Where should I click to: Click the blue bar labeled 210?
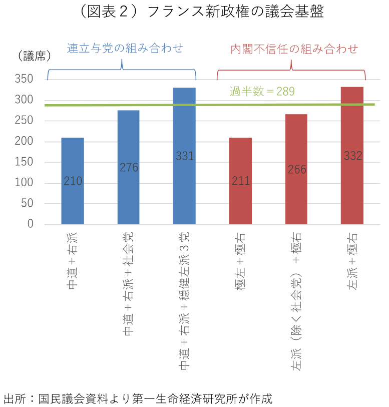click(x=73, y=181)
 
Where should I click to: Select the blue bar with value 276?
click(x=129, y=167)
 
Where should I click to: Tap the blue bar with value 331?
click(x=184, y=156)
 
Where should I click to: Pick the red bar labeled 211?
click(x=240, y=181)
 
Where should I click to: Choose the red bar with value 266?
click(x=296, y=169)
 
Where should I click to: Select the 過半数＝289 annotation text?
click(x=262, y=92)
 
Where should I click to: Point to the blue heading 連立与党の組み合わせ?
click(x=125, y=49)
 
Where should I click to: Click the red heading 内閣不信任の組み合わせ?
click(x=294, y=49)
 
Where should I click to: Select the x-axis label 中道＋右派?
click(x=72, y=260)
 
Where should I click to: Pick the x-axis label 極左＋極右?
click(x=240, y=260)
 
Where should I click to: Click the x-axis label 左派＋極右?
click(x=352, y=260)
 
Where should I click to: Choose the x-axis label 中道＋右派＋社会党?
click(x=128, y=283)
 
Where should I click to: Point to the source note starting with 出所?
click(x=138, y=398)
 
